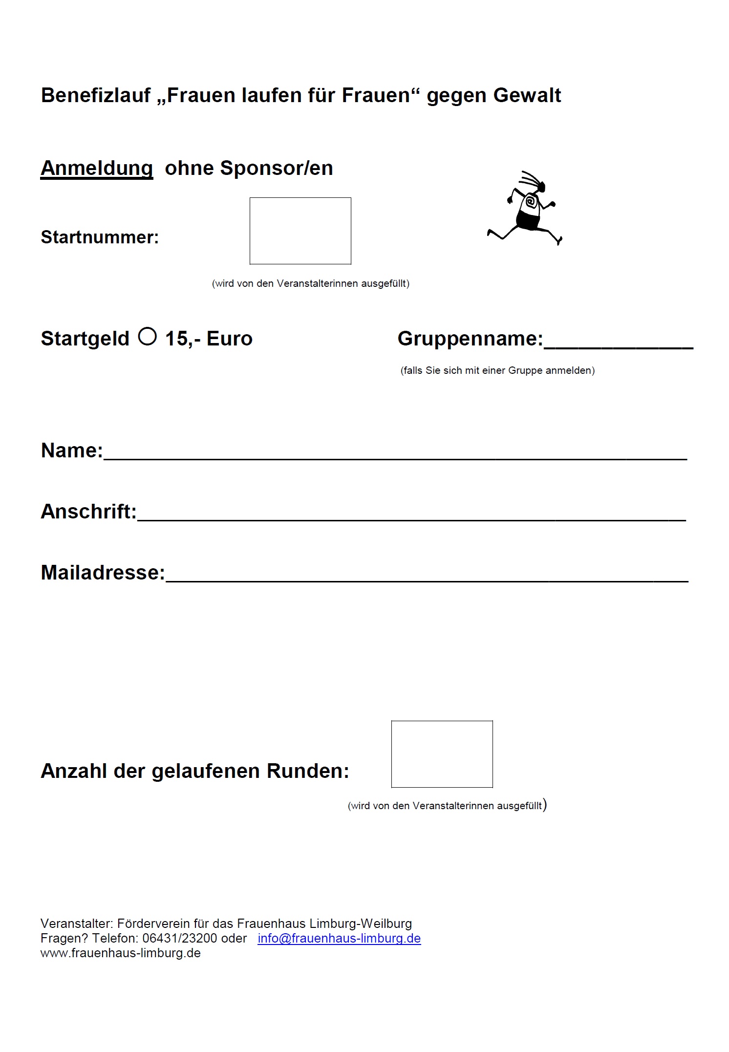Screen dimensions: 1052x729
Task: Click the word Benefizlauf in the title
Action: (x=96, y=95)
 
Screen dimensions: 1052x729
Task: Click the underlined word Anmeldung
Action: (x=97, y=168)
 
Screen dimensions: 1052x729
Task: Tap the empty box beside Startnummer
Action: (x=300, y=231)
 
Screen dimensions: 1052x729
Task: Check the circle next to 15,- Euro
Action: (x=147, y=336)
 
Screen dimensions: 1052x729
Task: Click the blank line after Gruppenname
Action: (x=618, y=342)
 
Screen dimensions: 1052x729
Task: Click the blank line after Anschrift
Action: (x=411, y=515)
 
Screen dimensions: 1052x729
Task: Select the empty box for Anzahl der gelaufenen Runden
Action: (x=442, y=754)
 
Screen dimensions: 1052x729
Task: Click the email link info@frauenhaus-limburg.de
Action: (x=339, y=938)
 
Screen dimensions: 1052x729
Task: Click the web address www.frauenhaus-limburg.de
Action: (x=121, y=953)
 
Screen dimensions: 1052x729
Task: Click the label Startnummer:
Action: (x=100, y=237)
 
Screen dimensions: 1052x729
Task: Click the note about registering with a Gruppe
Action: (x=497, y=370)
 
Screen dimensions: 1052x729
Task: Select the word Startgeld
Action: (x=85, y=339)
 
